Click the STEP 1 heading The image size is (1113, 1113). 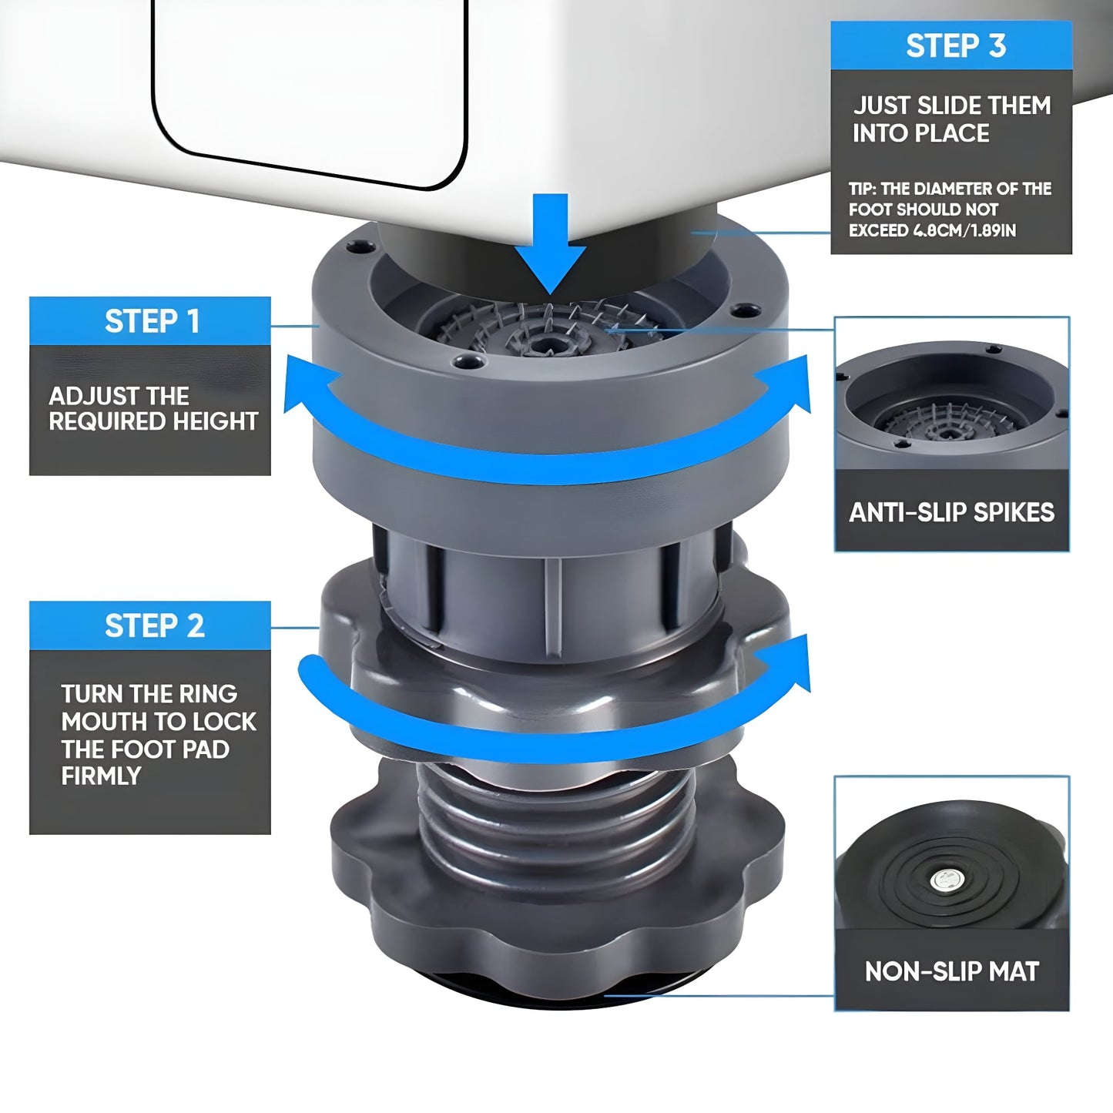pos(153,321)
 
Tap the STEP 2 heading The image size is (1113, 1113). pos(155,625)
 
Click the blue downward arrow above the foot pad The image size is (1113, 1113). pos(551,243)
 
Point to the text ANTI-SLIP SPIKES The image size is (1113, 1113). pos(951,512)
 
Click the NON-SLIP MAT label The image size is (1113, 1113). pos(952,972)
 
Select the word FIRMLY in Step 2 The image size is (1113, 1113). pos(101,776)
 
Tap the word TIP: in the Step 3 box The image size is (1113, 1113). pos(862,189)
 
